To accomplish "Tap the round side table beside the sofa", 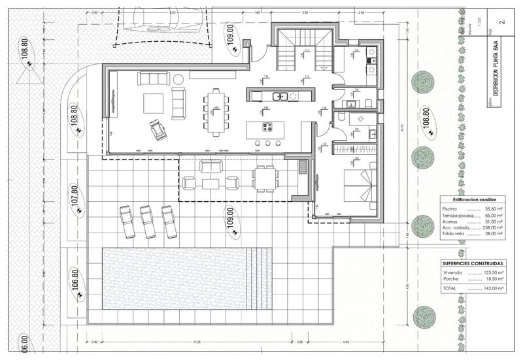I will (x=178, y=79).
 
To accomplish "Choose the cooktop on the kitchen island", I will (x=267, y=127).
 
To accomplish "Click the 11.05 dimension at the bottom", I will (x=196, y=342).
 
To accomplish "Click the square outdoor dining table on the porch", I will (x=265, y=178).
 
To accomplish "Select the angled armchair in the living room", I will (x=158, y=129).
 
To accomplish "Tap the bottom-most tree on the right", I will (x=424, y=317).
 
